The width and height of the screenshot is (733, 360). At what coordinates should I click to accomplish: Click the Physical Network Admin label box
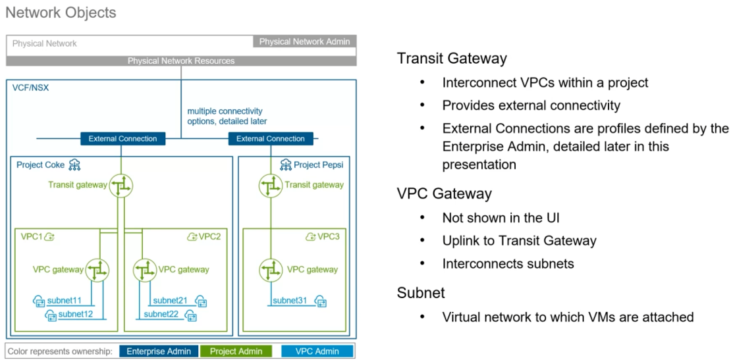pos(304,41)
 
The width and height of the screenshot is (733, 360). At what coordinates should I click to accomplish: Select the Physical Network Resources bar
pos(181,61)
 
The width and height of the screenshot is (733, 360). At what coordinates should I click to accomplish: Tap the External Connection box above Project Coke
pos(122,139)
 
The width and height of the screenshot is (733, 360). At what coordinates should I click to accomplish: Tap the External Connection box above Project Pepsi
pos(270,139)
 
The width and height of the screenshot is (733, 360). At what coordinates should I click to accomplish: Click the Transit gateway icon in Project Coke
pos(121,186)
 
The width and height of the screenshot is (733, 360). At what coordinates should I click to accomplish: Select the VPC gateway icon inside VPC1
pos(97,269)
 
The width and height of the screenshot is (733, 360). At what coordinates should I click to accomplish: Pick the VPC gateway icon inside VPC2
pos(145,269)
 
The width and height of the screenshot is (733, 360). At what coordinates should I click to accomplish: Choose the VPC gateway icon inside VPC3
pos(270,269)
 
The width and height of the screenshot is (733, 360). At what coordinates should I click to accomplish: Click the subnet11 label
pos(65,301)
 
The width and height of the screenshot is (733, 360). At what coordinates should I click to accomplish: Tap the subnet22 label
pos(161,315)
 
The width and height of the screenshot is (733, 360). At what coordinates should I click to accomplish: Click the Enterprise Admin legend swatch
pos(159,351)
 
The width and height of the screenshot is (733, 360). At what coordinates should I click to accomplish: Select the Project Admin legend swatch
pos(236,351)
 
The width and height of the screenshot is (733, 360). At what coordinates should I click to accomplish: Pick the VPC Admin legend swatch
pos(318,351)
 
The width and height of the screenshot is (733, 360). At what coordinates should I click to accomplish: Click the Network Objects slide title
pos(61,13)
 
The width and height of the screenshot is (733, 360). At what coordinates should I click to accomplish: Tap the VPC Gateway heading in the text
pos(444,193)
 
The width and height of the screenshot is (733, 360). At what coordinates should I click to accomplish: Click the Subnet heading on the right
pos(421,293)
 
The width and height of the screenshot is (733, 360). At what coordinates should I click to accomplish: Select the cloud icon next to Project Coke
pos(75,165)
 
